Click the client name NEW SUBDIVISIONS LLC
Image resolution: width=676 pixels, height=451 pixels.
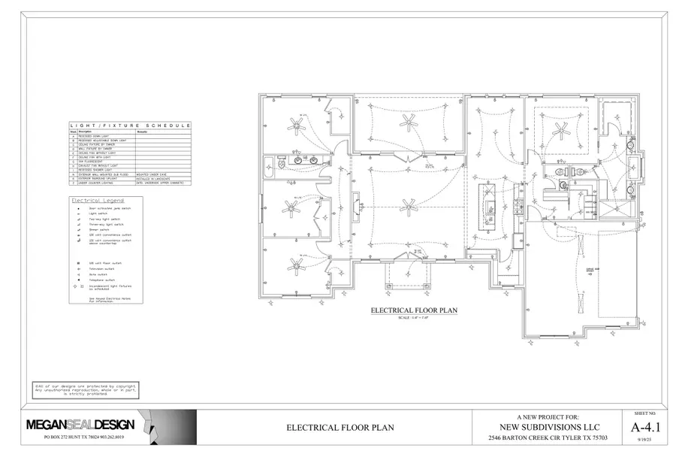pos(548,426)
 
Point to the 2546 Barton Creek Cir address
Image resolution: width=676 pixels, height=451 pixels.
pos(548,437)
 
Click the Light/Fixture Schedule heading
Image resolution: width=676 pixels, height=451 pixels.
pos(130,126)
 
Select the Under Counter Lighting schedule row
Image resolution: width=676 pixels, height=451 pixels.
pos(113,183)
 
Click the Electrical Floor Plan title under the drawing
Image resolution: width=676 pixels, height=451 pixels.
pos(414,310)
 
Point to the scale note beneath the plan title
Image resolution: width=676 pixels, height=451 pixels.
pos(414,318)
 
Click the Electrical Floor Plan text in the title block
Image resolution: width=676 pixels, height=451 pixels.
pos(340,428)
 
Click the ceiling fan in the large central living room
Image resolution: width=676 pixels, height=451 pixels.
pos(408,204)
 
